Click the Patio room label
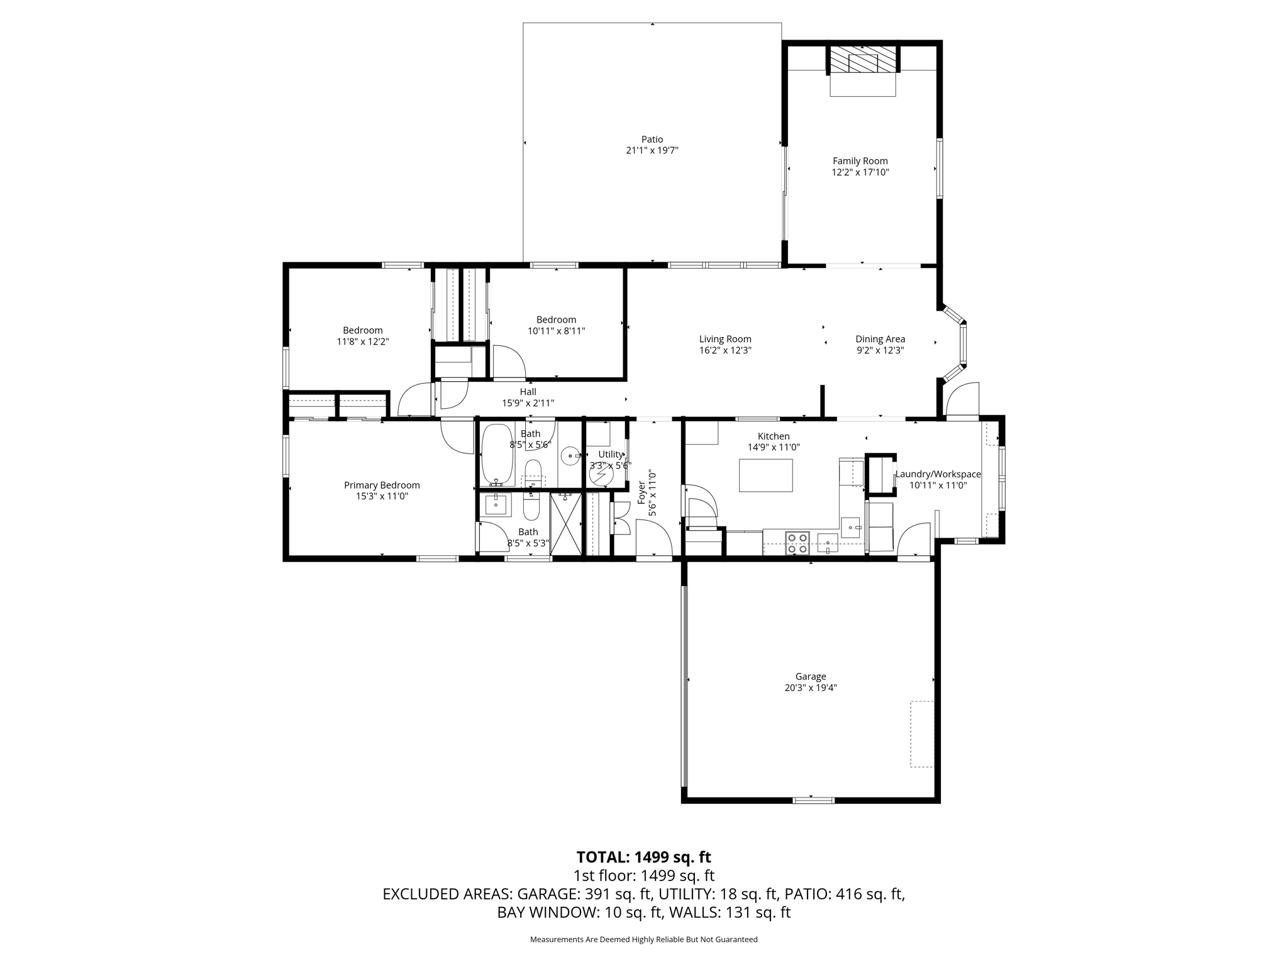(652, 140)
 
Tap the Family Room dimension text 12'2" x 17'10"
(860, 172)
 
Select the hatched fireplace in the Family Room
(862, 60)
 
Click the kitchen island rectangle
(765, 475)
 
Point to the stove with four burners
(797, 543)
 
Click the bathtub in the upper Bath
(497, 455)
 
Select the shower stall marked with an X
(565, 524)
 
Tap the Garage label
(810, 677)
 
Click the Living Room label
(725, 339)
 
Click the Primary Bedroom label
(382, 485)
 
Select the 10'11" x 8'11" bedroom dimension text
(556, 331)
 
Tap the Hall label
(528, 392)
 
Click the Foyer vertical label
(641, 493)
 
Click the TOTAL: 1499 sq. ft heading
(643, 857)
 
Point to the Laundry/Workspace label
(938, 474)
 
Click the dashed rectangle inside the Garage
(921, 733)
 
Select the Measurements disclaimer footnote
(643, 940)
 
